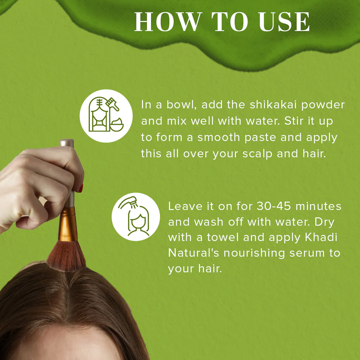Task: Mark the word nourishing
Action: click(254, 253)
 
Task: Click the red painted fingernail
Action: click(81, 188)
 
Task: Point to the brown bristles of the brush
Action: click(66, 257)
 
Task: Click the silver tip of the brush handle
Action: click(67, 143)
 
